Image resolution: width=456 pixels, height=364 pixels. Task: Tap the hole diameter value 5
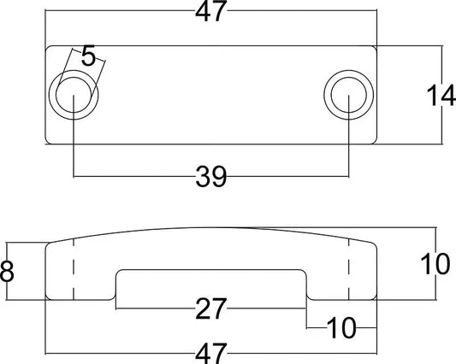[88, 58]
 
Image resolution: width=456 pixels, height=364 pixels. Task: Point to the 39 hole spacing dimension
[210, 177]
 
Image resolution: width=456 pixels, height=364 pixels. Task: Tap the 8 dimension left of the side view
[8, 273]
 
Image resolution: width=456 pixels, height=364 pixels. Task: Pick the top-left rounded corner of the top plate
[48, 49]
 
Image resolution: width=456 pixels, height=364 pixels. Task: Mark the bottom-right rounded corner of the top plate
[373, 139]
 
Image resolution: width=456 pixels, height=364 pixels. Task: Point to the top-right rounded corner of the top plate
[373, 49]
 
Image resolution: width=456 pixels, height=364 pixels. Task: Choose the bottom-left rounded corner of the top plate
[48, 139]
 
